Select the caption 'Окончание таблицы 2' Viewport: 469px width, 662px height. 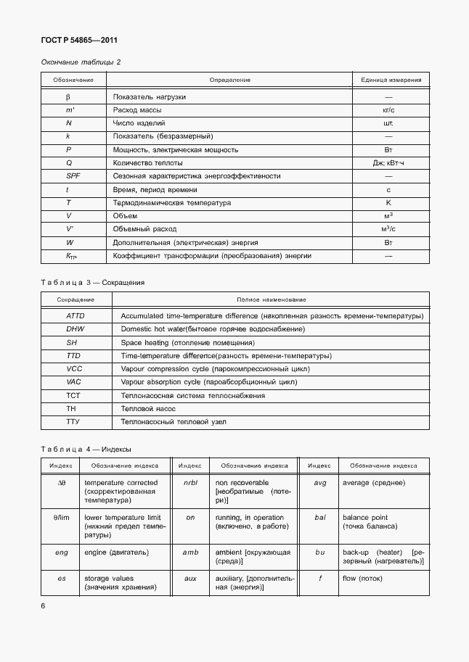pyautogui.click(x=81, y=62)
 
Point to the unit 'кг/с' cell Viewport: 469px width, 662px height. pyautogui.click(x=388, y=110)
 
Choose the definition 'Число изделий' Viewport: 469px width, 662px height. pyautogui.click(x=139, y=123)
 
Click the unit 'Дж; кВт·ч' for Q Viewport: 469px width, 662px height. pyautogui.click(x=388, y=163)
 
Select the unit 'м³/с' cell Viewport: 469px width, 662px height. pyautogui.click(x=388, y=229)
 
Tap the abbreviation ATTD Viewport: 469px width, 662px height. pyautogui.click(x=76, y=316)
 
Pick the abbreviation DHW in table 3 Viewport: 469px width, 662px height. pyautogui.click(x=76, y=329)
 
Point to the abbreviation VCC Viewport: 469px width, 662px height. pyautogui.click(x=75, y=369)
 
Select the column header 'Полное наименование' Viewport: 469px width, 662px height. pyautogui.click(x=272, y=299)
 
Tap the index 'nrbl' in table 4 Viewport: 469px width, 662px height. pyautogui.click(x=190, y=483)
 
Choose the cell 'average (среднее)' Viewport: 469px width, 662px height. pyautogui.click(x=374, y=483)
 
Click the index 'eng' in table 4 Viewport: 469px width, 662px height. pyautogui.click(x=62, y=553)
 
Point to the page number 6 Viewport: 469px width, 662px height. pyautogui.click(x=43, y=605)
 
